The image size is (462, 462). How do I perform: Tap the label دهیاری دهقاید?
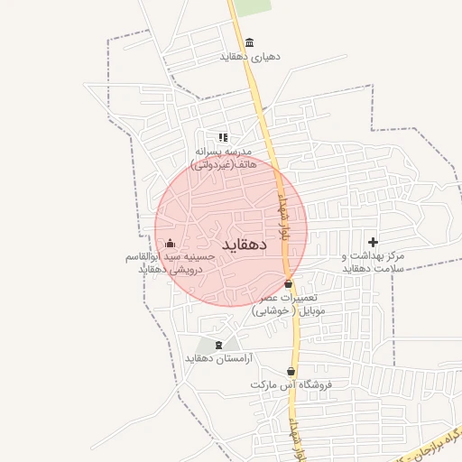point(250,56)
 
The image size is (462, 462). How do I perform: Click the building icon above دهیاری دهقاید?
point(250,42)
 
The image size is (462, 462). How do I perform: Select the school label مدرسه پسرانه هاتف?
point(225,158)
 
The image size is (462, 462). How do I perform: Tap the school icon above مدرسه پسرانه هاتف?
point(223,138)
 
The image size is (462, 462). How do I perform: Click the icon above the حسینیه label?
point(170,243)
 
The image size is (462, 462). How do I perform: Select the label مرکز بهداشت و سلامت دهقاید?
point(373,262)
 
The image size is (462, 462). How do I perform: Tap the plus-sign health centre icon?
point(374,243)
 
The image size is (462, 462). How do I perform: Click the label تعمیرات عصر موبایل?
point(290,303)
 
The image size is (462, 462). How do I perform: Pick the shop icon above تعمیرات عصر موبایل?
point(289,284)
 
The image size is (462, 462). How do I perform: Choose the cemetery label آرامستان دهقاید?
point(219,358)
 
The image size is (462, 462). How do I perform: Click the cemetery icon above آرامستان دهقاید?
point(217,345)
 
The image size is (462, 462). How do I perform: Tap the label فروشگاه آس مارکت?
point(291,385)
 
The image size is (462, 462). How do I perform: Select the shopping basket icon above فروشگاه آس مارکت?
point(291,371)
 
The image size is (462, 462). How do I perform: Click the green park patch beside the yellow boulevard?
point(254,7)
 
